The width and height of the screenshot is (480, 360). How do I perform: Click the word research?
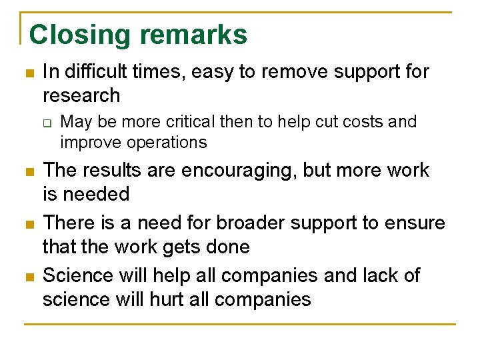tap(81, 95)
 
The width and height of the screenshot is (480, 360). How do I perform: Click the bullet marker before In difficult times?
tap(27, 73)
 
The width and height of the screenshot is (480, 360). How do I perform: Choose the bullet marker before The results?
tap(27, 171)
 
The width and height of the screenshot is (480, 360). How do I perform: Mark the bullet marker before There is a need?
tap(27, 223)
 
